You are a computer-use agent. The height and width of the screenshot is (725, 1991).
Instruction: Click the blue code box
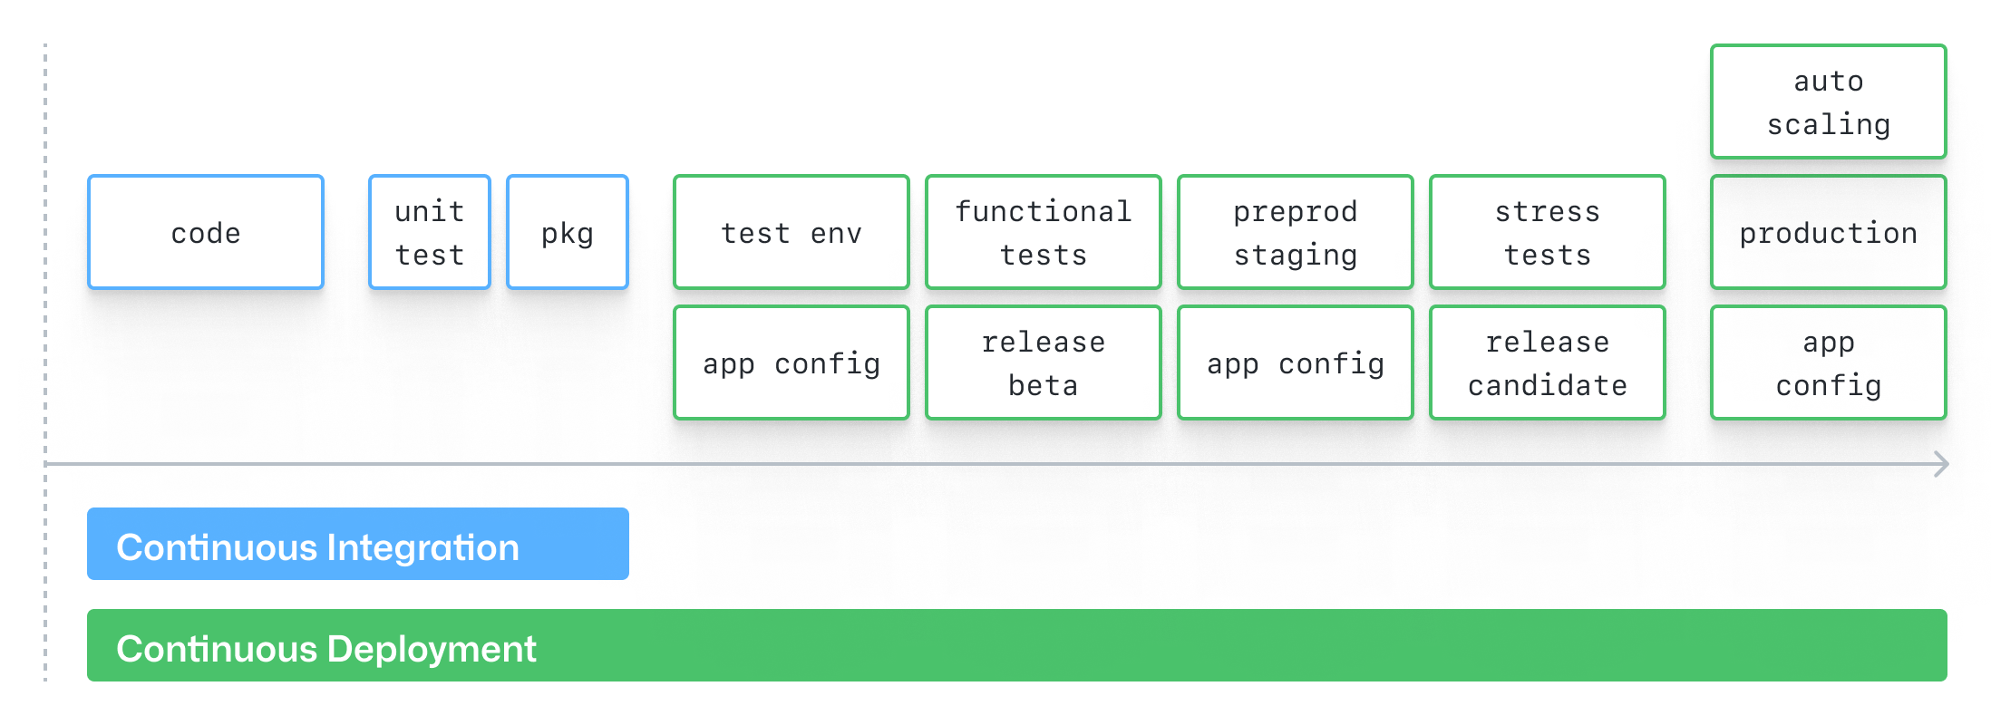(206, 233)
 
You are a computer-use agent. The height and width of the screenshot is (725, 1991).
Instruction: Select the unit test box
(430, 233)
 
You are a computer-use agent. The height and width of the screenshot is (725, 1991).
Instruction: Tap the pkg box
(568, 233)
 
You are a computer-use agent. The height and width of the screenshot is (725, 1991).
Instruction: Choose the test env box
(791, 233)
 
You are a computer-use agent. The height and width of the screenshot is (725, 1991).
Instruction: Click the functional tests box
(1043, 233)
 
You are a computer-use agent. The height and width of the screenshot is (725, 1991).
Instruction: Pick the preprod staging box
(1295, 233)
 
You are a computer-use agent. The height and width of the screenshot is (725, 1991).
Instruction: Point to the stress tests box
(1547, 233)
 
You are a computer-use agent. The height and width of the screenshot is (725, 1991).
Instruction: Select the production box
(1828, 233)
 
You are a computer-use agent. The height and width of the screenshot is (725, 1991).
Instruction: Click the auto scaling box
(1828, 101)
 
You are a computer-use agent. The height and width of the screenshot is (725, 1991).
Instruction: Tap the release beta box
(1043, 363)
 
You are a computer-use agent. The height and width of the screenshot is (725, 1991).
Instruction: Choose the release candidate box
(1547, 363)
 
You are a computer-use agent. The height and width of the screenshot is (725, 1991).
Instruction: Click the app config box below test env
(791, 363)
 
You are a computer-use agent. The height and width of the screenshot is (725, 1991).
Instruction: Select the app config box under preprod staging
(1295, 363)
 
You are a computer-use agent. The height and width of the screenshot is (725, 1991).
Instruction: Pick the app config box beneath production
(1828, 363)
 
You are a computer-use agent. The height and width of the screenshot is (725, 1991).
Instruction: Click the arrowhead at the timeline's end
(1941, 464)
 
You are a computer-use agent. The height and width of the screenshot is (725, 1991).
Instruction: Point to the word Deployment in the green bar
(432, 649)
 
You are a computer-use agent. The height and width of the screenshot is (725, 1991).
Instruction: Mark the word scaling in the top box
(1828, 124)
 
